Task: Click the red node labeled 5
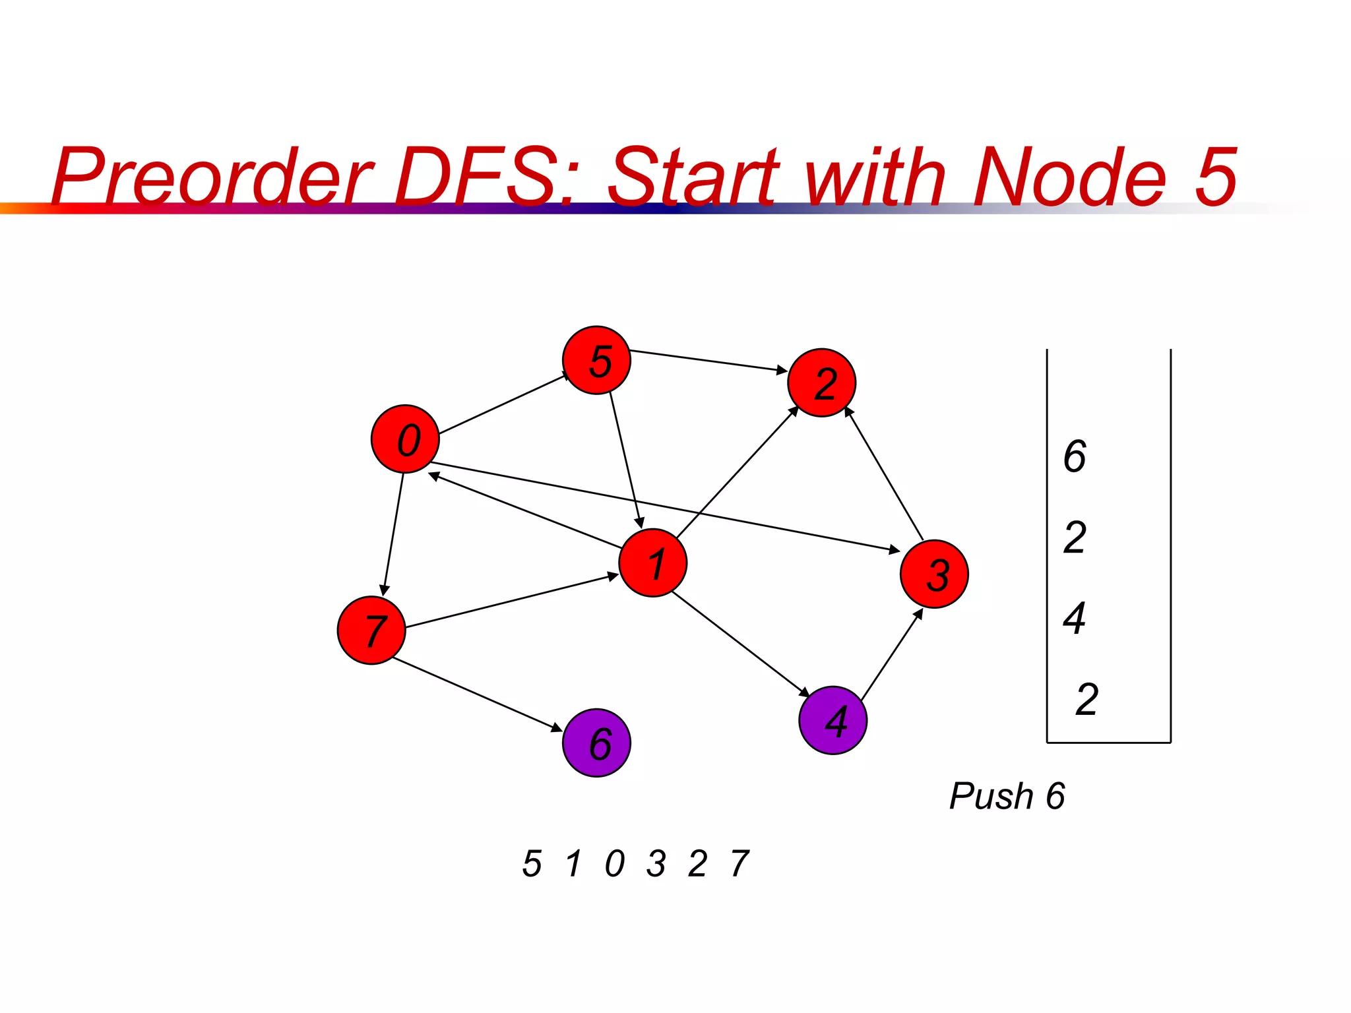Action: (596, 360)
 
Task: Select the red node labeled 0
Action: (405, 439)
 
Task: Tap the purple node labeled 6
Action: (596, 743)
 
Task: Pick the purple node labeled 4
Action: (833, 720)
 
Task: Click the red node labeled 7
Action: (371, 630)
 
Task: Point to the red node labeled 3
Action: (934, 574)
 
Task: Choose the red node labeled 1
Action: (652, 563)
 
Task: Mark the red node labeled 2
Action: (821, 383)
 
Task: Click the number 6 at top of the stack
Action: (1075, 456)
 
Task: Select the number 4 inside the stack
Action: (1075, 618)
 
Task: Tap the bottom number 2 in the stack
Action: (1086, 699)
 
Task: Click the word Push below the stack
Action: (991, 796)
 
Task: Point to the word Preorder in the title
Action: (211, 177)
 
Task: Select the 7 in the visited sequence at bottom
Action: (739, 863)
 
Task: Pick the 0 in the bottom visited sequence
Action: (614, 863)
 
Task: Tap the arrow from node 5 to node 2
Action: (708, 361)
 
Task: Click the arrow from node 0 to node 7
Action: (393, 534)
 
